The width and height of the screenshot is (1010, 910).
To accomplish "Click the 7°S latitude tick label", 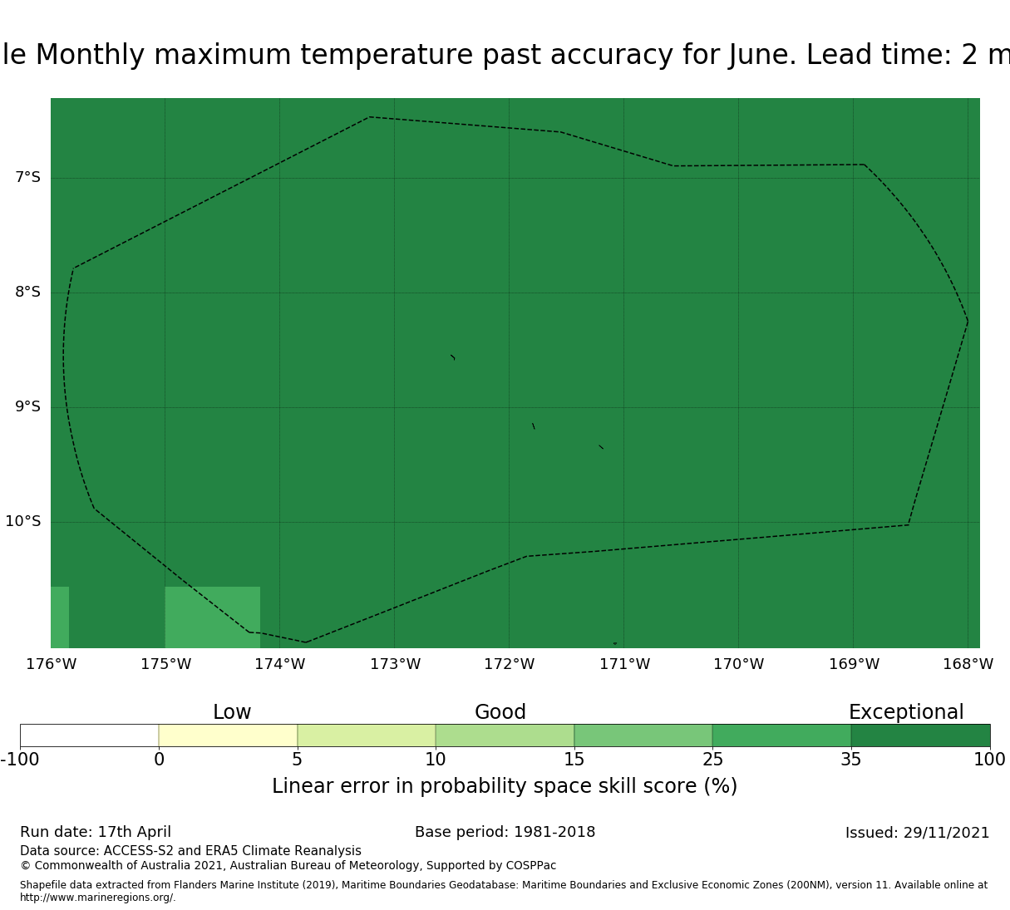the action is [27, 177].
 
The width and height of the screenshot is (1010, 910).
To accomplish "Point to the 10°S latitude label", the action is [22, 521].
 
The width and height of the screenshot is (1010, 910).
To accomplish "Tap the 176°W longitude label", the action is [52, 664].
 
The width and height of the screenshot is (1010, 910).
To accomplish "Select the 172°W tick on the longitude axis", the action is [510, 664].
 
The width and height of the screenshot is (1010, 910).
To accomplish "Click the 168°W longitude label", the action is [968, 664].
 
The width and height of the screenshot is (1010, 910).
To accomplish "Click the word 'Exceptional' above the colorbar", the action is [906, 712].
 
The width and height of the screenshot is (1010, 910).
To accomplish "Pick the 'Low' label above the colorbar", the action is [232, 712].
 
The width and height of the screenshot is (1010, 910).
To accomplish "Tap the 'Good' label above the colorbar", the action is [500, 712].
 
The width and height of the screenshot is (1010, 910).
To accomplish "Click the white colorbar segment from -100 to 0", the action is [90, 735].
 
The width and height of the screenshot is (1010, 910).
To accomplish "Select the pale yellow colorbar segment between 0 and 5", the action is [228, 735].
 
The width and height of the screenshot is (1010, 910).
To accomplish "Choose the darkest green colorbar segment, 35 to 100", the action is [920, 735].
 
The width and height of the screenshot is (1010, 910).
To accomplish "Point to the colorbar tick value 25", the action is [712, 760].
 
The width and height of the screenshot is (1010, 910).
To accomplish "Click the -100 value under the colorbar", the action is [20, 760].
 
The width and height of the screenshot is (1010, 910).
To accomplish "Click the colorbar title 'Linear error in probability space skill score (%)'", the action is [505, 786].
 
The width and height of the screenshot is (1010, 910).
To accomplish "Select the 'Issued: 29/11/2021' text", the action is [918, 833].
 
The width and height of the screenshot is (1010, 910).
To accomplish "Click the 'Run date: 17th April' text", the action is [96, 832].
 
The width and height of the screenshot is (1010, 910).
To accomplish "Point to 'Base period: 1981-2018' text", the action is [505, 832].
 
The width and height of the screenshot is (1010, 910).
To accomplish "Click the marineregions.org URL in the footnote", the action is [98, 898].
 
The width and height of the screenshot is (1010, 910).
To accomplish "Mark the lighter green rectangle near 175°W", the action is [213, 617].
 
